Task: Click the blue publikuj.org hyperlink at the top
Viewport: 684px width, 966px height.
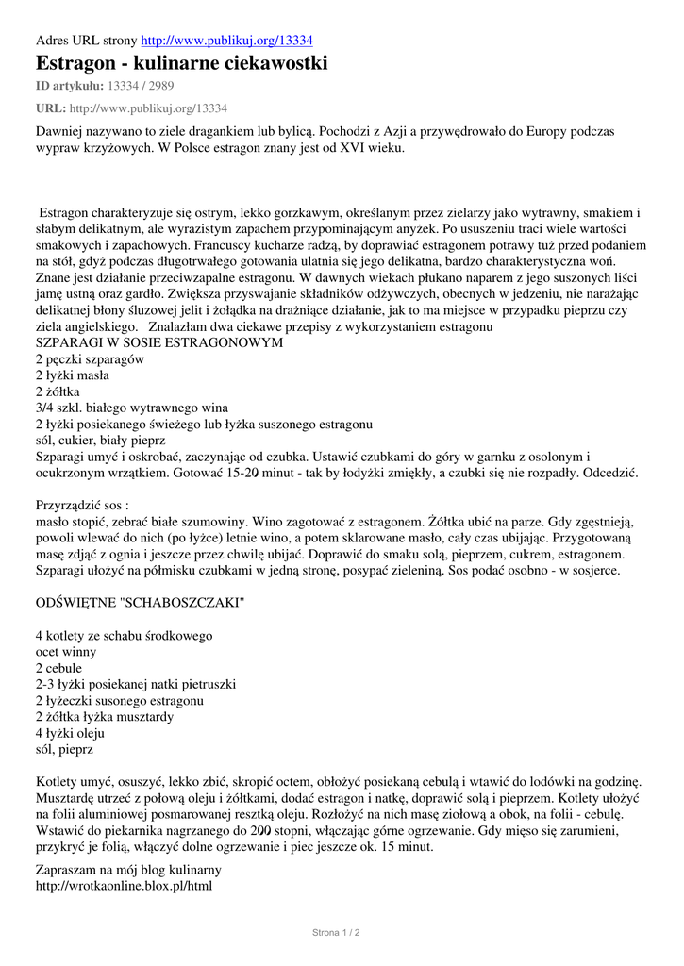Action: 227,41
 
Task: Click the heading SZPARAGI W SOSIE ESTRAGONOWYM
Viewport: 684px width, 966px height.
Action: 159,342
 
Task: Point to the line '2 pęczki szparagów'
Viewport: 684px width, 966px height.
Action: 90,359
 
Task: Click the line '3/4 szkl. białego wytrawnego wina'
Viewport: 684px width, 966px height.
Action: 132,408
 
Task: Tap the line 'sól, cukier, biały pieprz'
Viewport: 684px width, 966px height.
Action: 100,440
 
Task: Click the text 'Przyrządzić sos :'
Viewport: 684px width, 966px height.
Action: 82,505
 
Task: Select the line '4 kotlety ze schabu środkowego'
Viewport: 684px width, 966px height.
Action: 124,636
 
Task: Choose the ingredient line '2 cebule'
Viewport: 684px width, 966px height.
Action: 58,668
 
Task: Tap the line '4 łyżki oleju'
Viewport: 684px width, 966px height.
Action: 70,733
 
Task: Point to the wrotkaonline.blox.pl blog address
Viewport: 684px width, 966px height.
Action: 124,886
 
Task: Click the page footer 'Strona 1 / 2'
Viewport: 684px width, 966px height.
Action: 336,932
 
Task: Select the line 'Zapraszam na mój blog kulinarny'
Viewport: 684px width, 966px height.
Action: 128,870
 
